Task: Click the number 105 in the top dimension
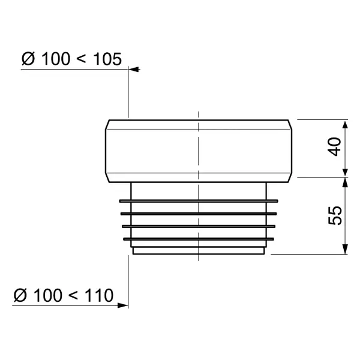coord(107,59)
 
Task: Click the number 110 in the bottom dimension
coord(99,295)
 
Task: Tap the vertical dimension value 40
coord(334,147)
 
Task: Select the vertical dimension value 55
coord(335,216)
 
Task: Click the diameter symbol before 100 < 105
coord(28,59)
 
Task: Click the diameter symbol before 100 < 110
coord(20,295)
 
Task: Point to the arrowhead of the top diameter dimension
coord(134,70)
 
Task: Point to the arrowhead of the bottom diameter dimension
coord(122,305)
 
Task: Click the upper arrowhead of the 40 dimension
coord(345,125)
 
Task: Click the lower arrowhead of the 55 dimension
coord(345,250)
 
